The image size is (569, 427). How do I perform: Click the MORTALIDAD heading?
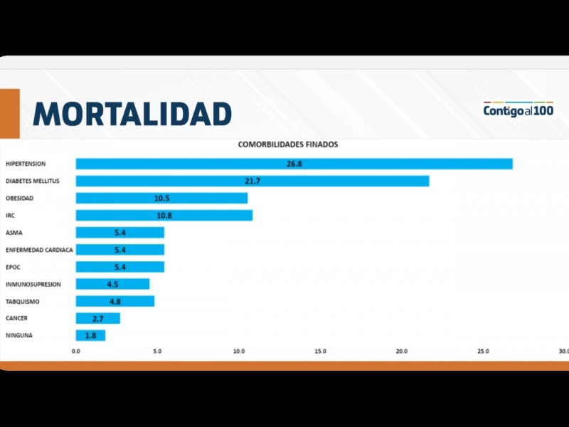point(132,114)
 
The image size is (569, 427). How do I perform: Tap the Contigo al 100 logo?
point(518,110)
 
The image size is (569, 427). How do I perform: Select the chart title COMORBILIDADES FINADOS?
point(288,144)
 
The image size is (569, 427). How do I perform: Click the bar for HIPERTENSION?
point(294,164)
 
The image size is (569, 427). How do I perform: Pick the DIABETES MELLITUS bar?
point(252,181)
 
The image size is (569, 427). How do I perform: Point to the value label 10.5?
point(161,198)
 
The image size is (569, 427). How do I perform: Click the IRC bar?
point(164,215)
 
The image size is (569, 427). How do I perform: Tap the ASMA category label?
point(14,233)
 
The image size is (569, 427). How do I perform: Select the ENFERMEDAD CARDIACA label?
point(39,250)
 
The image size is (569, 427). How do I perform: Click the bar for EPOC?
point(119,267)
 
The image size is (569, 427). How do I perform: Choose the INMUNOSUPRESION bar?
point(112,284)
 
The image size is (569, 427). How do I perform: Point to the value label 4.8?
point(115,301)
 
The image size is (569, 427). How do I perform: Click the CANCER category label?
point(17,318)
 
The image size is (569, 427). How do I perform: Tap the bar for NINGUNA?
point(90,335)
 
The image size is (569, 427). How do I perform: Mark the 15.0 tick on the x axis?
point(320,351)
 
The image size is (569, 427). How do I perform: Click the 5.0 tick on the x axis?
point(157,351)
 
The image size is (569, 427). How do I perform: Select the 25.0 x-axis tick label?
point(483,351)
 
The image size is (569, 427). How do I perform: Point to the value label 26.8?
point(294,164)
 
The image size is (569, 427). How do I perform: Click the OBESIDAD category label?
point(19,198)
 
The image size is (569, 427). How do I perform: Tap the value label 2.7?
point(98,318)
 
